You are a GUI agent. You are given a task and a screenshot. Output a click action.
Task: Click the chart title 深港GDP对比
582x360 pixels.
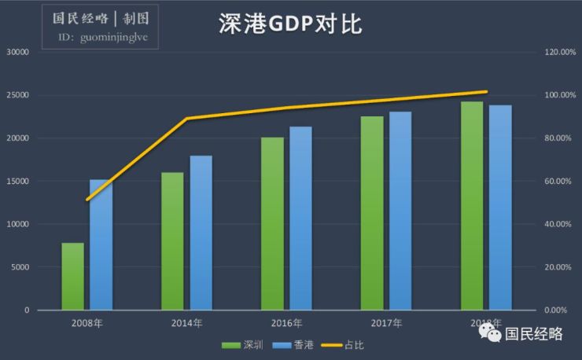coord(290,25)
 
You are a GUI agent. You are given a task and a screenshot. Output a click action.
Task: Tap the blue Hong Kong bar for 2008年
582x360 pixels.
coord(101,244)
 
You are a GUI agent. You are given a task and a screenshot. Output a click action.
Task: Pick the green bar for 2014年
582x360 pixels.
coord(172,241)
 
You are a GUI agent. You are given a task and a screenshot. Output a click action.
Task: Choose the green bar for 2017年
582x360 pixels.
coord(372,213)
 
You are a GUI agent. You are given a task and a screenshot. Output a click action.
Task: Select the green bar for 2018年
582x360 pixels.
coord(472,205)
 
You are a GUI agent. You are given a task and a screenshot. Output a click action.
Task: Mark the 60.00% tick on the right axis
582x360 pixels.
coord(561,182)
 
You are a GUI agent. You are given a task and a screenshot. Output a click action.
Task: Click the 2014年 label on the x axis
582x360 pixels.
coord(186,323)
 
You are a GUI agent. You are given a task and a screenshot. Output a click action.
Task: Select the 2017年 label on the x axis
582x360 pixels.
coord(386,323)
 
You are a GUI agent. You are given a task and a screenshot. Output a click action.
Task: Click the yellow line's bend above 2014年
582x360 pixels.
coord(186,119)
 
